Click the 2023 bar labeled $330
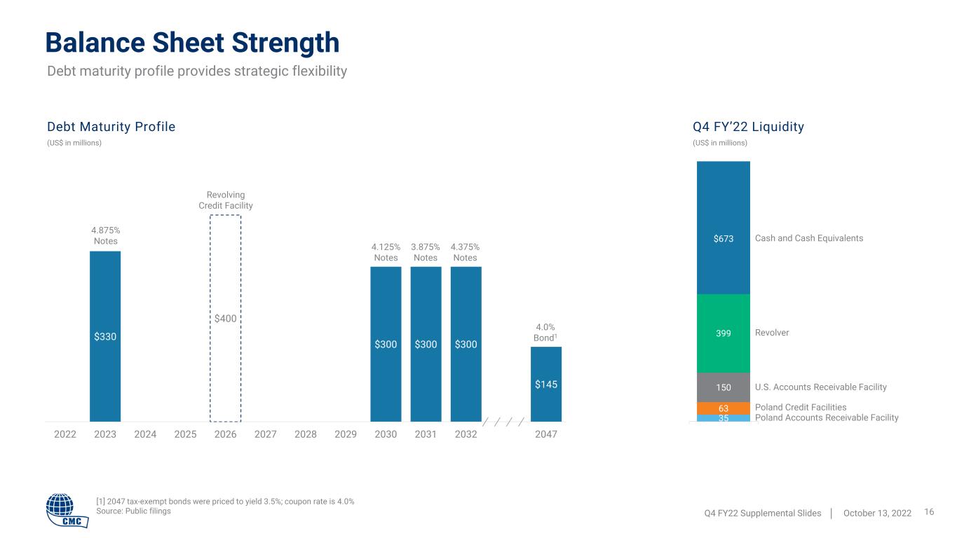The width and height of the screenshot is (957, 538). tap(105, 336)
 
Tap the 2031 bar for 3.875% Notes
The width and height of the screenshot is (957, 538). tap(426, 344)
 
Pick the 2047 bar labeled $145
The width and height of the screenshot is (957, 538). tap(546, 385)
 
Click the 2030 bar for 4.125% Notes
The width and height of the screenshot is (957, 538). tap(386, 344)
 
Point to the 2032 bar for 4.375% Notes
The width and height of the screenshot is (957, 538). tap(466, 344)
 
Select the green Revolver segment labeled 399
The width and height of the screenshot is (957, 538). tap(724, 333)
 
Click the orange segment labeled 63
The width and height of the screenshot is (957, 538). tap(724, 408)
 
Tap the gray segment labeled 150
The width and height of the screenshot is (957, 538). tap(724, 387)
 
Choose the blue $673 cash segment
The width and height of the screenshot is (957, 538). tap(724, 228)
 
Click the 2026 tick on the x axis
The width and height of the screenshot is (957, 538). tap(225, 434)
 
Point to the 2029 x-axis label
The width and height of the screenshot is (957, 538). tap(346, 434)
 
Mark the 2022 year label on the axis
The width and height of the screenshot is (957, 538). tap(65, 434)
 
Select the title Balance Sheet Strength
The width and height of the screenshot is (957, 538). tap(192, 43)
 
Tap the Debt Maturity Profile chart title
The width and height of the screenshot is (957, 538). tap(111, 127)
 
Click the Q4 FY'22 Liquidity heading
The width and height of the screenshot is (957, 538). tap(748, 127)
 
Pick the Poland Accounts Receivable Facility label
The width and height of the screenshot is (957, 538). tap(827, 418)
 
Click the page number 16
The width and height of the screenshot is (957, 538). tap(929, 511)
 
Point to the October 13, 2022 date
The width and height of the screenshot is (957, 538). tap(877, 513)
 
